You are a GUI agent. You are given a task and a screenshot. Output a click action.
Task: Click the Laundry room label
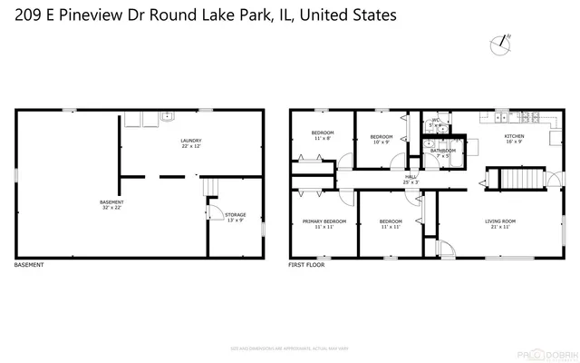click(190, 143)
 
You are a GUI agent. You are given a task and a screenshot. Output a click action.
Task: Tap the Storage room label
click(236, 218)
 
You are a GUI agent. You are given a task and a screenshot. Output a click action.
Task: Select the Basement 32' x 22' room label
click(111, 204)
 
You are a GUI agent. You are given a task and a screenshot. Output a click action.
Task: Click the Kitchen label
click(514, 140)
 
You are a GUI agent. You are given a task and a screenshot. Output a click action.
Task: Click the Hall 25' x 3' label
click(411, 180)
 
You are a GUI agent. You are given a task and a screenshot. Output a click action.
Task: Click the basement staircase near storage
click(210, 188)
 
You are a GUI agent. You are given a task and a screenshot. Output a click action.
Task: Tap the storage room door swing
click(215, 213)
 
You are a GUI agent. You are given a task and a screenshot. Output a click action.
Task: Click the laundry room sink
click(167, 117)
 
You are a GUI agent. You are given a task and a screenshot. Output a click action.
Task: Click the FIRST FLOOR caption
click(306, 265)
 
